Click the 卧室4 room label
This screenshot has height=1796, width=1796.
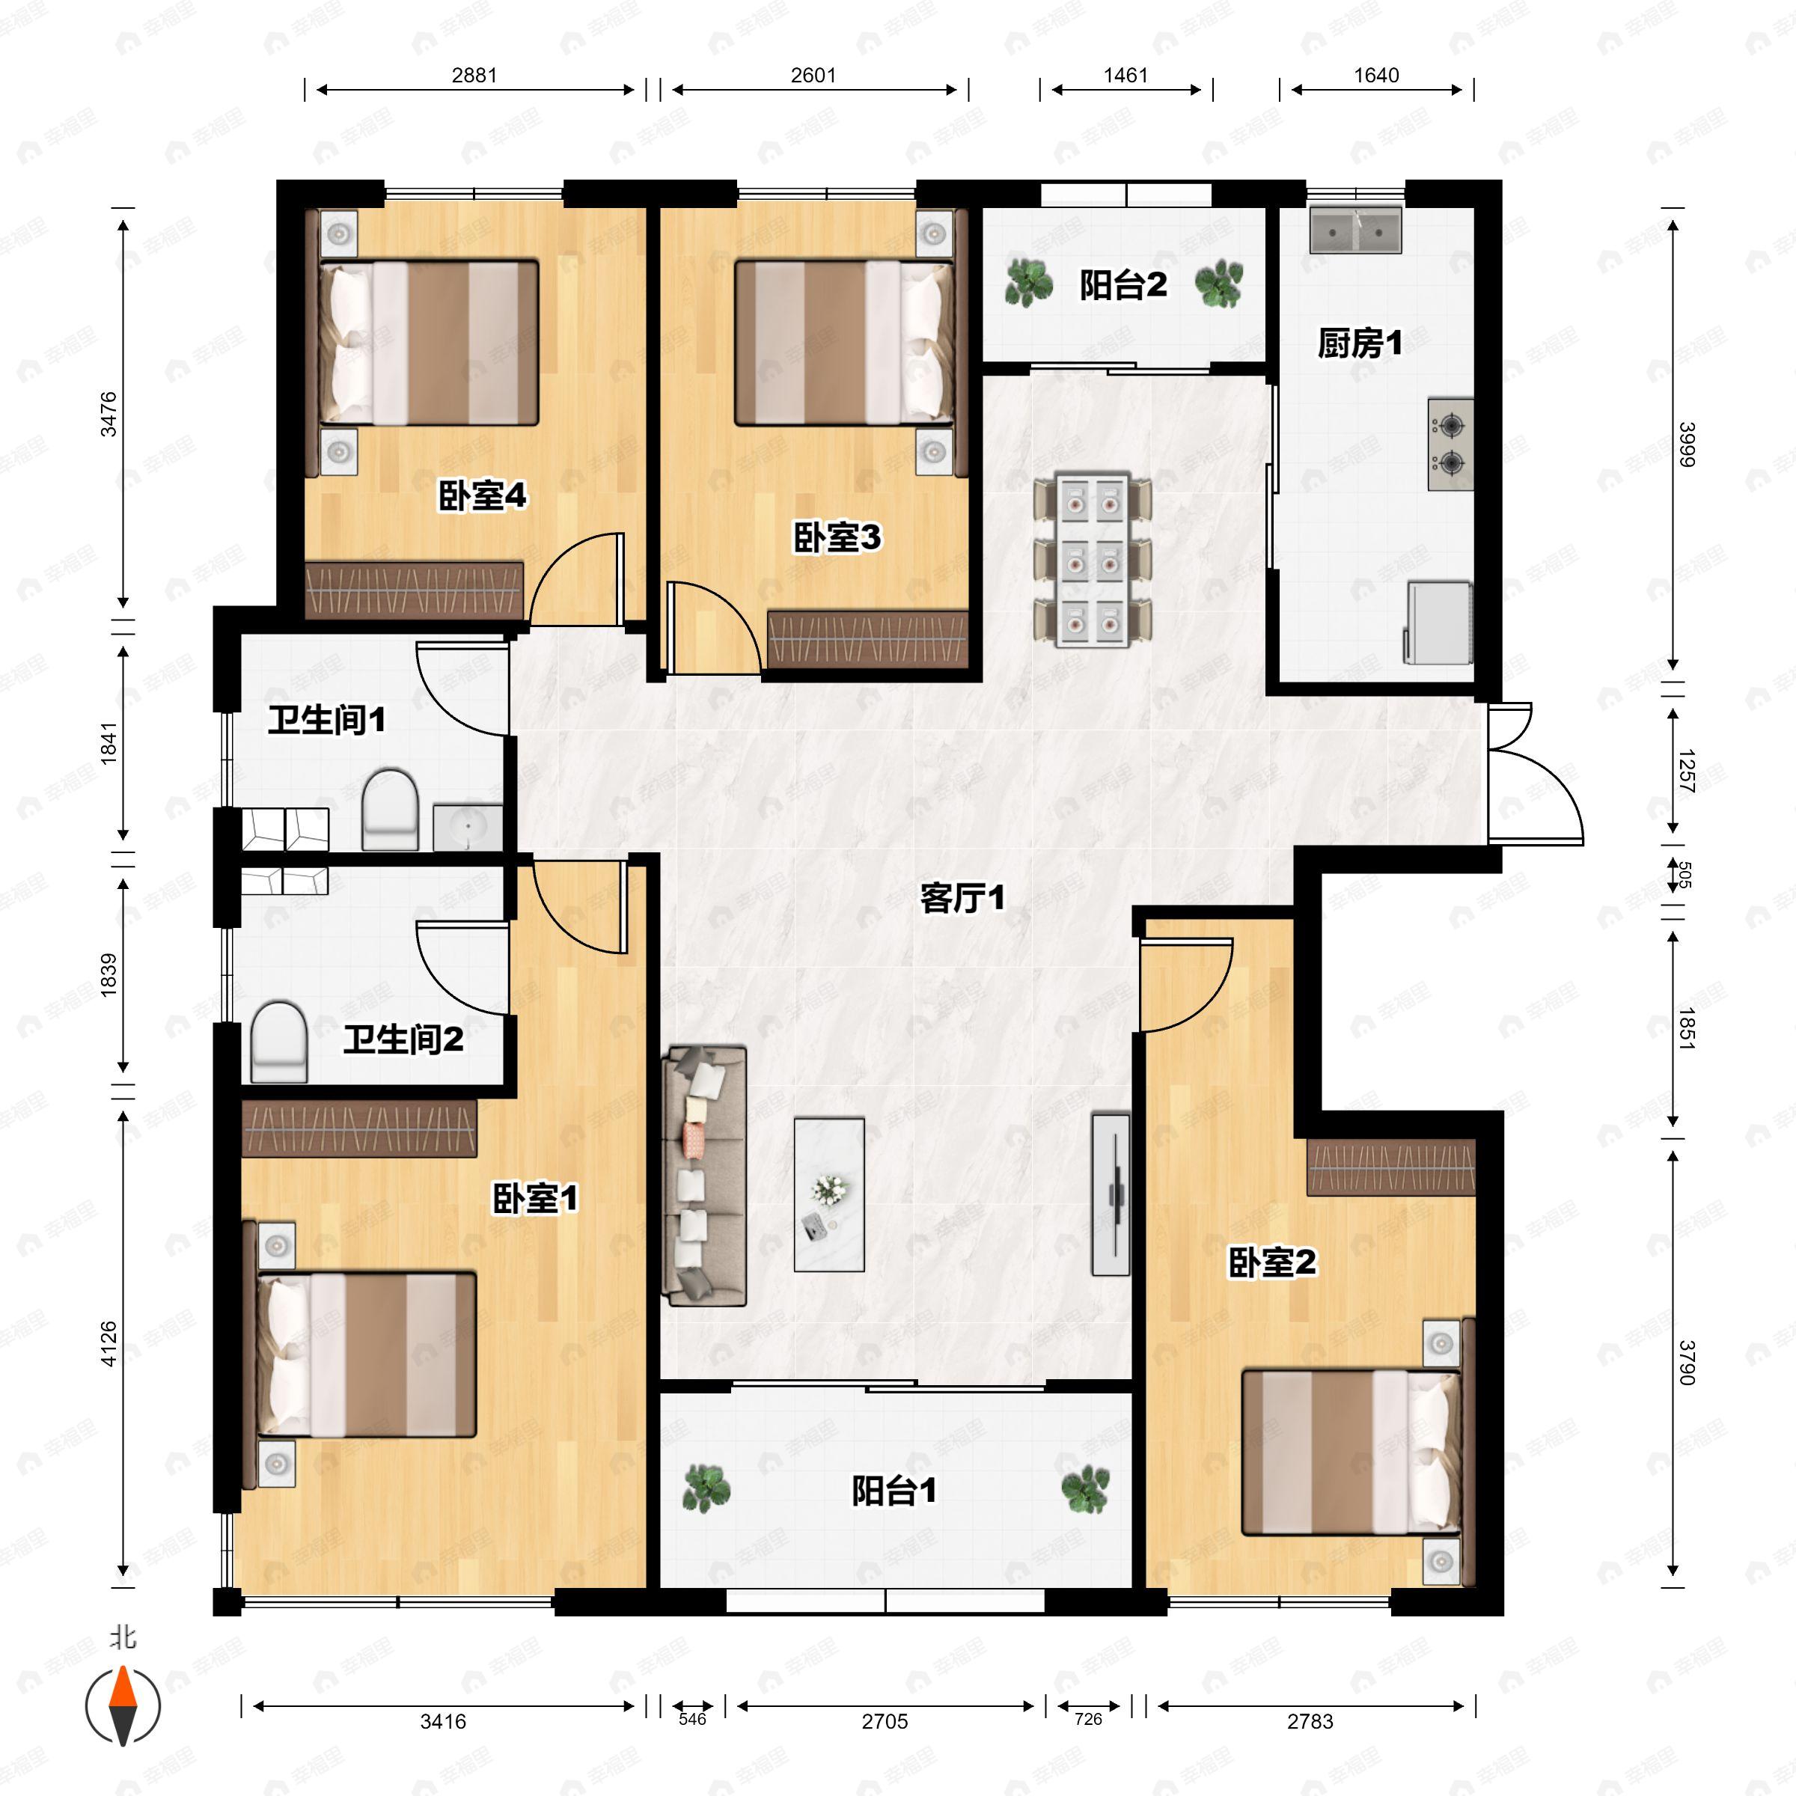point(481,495)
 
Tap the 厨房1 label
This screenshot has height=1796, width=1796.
point(1359,344)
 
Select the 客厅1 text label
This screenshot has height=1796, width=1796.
point(962,898)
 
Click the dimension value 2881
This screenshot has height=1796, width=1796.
point(474,76)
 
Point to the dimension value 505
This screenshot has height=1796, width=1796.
point(1684,875)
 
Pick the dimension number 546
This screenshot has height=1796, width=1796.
point(691,1719)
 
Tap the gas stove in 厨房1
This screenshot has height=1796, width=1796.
point(1450,445)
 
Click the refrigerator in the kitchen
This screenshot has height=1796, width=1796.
point(1438,622)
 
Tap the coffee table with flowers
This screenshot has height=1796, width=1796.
point(828,1194)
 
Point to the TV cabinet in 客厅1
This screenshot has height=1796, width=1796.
point(1111,1194)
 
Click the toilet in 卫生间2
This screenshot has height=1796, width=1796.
point(279,1041)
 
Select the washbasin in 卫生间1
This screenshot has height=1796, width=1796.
point(467,826)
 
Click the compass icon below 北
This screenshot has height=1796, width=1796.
point(123,1706)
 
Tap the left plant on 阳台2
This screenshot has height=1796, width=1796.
point(1028,283)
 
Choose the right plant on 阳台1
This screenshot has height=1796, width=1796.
point(1085,1489)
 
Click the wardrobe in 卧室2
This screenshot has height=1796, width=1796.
point(1390,1167)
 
